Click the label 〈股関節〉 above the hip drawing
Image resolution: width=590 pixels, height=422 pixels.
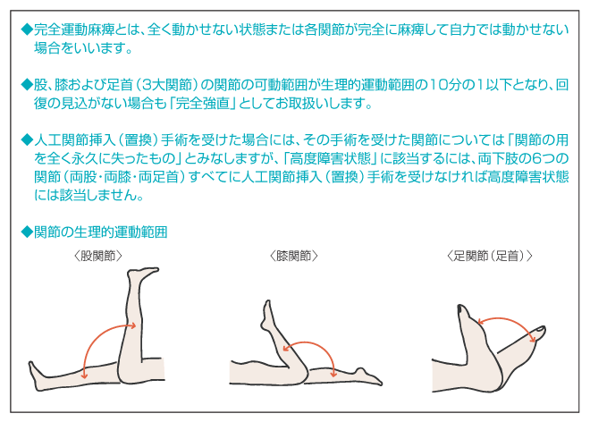pyautogui.click(x=98, y=256)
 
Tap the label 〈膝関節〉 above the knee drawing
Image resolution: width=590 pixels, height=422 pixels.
pyautogui.click(x=294, y=256)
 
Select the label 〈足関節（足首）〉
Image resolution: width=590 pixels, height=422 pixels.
pyautogui.click(x=490, y=256)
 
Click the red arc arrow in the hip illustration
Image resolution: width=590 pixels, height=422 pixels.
pyautogui.click(x=99, y=336)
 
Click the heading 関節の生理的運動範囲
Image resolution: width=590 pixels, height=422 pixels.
pyautogui.click(x=100, y=232)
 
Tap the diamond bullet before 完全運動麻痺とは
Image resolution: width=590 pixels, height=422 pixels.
pyautogui.click(x=27, y=30)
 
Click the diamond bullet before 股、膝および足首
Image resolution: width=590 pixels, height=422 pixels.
pyautogui.click(x=27, y=85)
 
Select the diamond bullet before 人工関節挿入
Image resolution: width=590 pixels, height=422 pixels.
pyautogui.click(x=27, y=140)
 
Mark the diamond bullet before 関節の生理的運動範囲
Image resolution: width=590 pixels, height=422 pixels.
pyautogui.click(x=27, y=232)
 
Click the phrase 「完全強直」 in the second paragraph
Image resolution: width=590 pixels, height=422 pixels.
pyautogui.click(x=203, y=103)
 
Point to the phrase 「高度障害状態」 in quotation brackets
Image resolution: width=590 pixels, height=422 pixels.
pyautogui.click(x=330, y=158)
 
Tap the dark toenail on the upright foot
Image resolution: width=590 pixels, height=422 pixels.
pyautogui.click(x=460, y=309)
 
